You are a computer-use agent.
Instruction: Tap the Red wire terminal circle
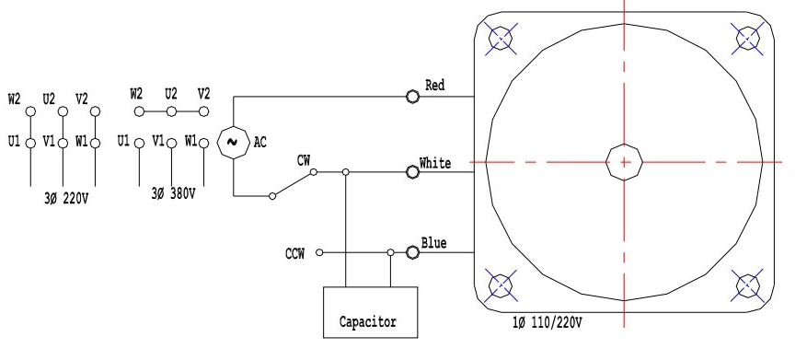pyautogui.click(x=412, y=96)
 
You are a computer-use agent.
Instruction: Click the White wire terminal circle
pyautogui.click(x=412, y=171)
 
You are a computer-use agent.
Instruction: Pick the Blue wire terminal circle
pyautogui.click(x=413, y=250)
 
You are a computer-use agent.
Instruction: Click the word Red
pyautogui.click(x=435, y=86)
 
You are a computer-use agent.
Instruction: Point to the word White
pyautogui.click(x=435, y=163)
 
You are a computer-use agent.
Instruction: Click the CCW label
pyautogui.click(x=296, y=251)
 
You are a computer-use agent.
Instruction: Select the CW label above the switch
pyautogui.click(x=304, y=159)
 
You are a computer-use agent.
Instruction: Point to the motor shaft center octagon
pyautogui.click(x=625, y=162)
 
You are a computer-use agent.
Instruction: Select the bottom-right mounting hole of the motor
pyautogui.click(x=747, y=285)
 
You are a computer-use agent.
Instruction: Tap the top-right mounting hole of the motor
pyautogui.click(x=747, y=38)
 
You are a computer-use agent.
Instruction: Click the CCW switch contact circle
pyautogui.click(x=319, y=251)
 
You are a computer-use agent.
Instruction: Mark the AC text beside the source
pyautogui.click(x=260, y=142)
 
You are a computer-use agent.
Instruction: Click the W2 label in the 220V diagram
pyautogui.click(x=14, y=99)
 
